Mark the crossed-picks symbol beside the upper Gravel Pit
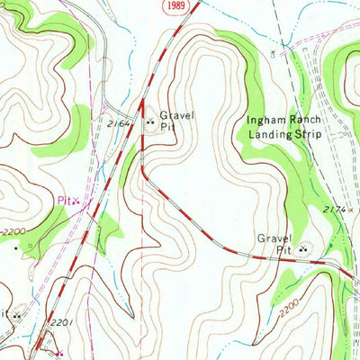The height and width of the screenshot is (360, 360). tap(149, 117)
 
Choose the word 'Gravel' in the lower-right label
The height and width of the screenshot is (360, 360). tap(275, 238)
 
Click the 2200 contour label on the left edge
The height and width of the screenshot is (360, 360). tap(13, 231)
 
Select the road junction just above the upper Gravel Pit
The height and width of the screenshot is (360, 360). tap(141, 98)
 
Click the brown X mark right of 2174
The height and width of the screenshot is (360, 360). tap(354, 209)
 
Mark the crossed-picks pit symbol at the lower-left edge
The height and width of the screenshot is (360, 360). tap(15, 316)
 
